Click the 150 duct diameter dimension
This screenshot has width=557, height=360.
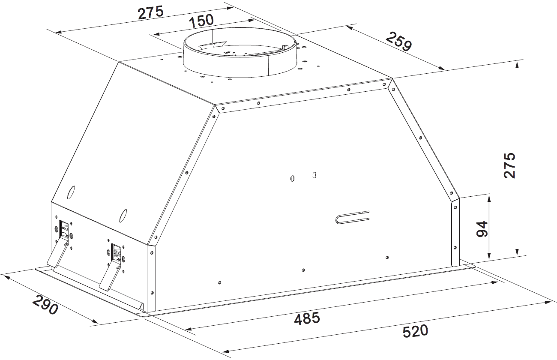pos(201,21)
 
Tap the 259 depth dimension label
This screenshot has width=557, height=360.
pos(399,41)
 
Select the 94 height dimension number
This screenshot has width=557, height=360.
pos(482,228)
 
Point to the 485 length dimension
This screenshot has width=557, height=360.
pos(307,318)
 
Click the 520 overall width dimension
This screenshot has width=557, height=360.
pos(415,331)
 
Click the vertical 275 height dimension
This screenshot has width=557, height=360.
pos(509,165)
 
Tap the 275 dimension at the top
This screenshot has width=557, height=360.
pos(151,13)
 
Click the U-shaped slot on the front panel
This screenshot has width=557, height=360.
pos(352,217)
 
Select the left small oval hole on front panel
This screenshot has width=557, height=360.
pos(292,178)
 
